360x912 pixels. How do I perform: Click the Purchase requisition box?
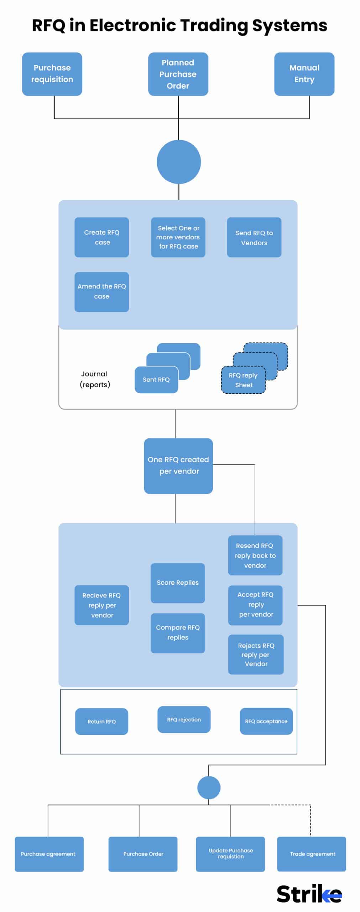52,74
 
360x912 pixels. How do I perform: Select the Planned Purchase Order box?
178,74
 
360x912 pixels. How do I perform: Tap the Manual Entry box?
304,74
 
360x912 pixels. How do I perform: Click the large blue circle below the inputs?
179,162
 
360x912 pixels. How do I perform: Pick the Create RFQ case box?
101,237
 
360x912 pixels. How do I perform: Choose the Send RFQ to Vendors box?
254,237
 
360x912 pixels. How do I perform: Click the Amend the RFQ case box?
101,292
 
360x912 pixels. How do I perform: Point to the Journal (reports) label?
94,379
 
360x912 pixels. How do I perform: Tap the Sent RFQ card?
156,380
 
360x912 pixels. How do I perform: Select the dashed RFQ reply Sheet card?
244,380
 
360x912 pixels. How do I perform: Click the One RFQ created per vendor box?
178,466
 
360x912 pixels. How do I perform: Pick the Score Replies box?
178,583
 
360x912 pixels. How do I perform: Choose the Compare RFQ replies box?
178,633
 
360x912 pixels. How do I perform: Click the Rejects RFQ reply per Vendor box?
256,654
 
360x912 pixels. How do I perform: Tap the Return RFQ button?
101,721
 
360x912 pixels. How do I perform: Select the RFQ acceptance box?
266,721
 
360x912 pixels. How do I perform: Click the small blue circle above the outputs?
209,788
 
